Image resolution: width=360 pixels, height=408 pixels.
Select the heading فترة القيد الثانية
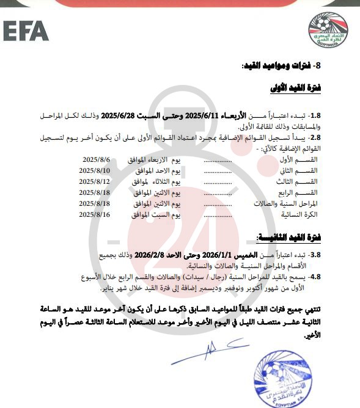pyautogui.click(x=292, y=238)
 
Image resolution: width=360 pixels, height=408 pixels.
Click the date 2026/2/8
pyautogui.click(x=151, y=255)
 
